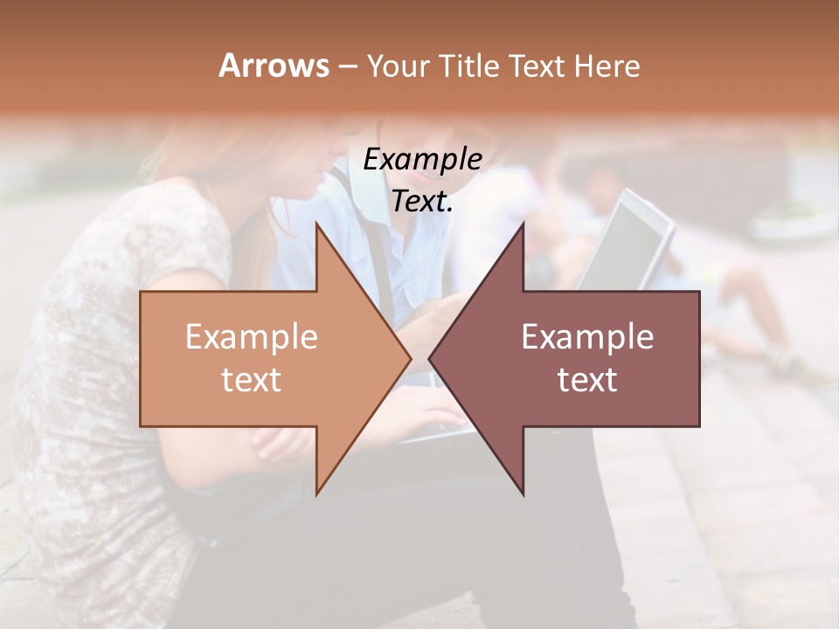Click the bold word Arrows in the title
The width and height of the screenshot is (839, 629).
pyautogui.click(x=273, y=66)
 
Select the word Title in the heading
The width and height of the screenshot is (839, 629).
pyautogui.click(x=469, y=66)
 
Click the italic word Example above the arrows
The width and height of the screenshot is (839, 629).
pyautogui.click(x=422, y=160)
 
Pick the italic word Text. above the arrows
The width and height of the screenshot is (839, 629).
pyautogui.click(x=422, y=201)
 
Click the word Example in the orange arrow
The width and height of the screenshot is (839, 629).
pyautogui.click(x=252, y=337)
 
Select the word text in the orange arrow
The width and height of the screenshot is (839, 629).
pyautogui.click(x=252, y=380)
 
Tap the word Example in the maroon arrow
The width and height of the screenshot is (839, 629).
pyautogui.click(x=587, y=337)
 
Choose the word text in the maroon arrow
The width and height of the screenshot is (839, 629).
pyautogui.click(x=587, y=380)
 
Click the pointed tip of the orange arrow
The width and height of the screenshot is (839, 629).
pyautogui.click(x=410, y=358)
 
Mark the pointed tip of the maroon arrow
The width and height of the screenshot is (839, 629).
pyautogui.click(x=430, y=358)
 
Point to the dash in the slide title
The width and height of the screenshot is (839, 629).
pyautogui.click(x=347, y=66)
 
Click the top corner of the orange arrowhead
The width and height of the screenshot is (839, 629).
pyautogui.click(x=316, y=224)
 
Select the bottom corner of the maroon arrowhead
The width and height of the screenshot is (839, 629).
pyautogui.click(x=523, y=494)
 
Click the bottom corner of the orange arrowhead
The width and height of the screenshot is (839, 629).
pyautogui.click(x=316, y=494)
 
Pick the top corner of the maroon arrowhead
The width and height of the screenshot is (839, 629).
pyautogui.click(x=523, y=224)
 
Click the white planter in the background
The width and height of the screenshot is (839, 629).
pyautogui.click(x=792, y=224)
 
